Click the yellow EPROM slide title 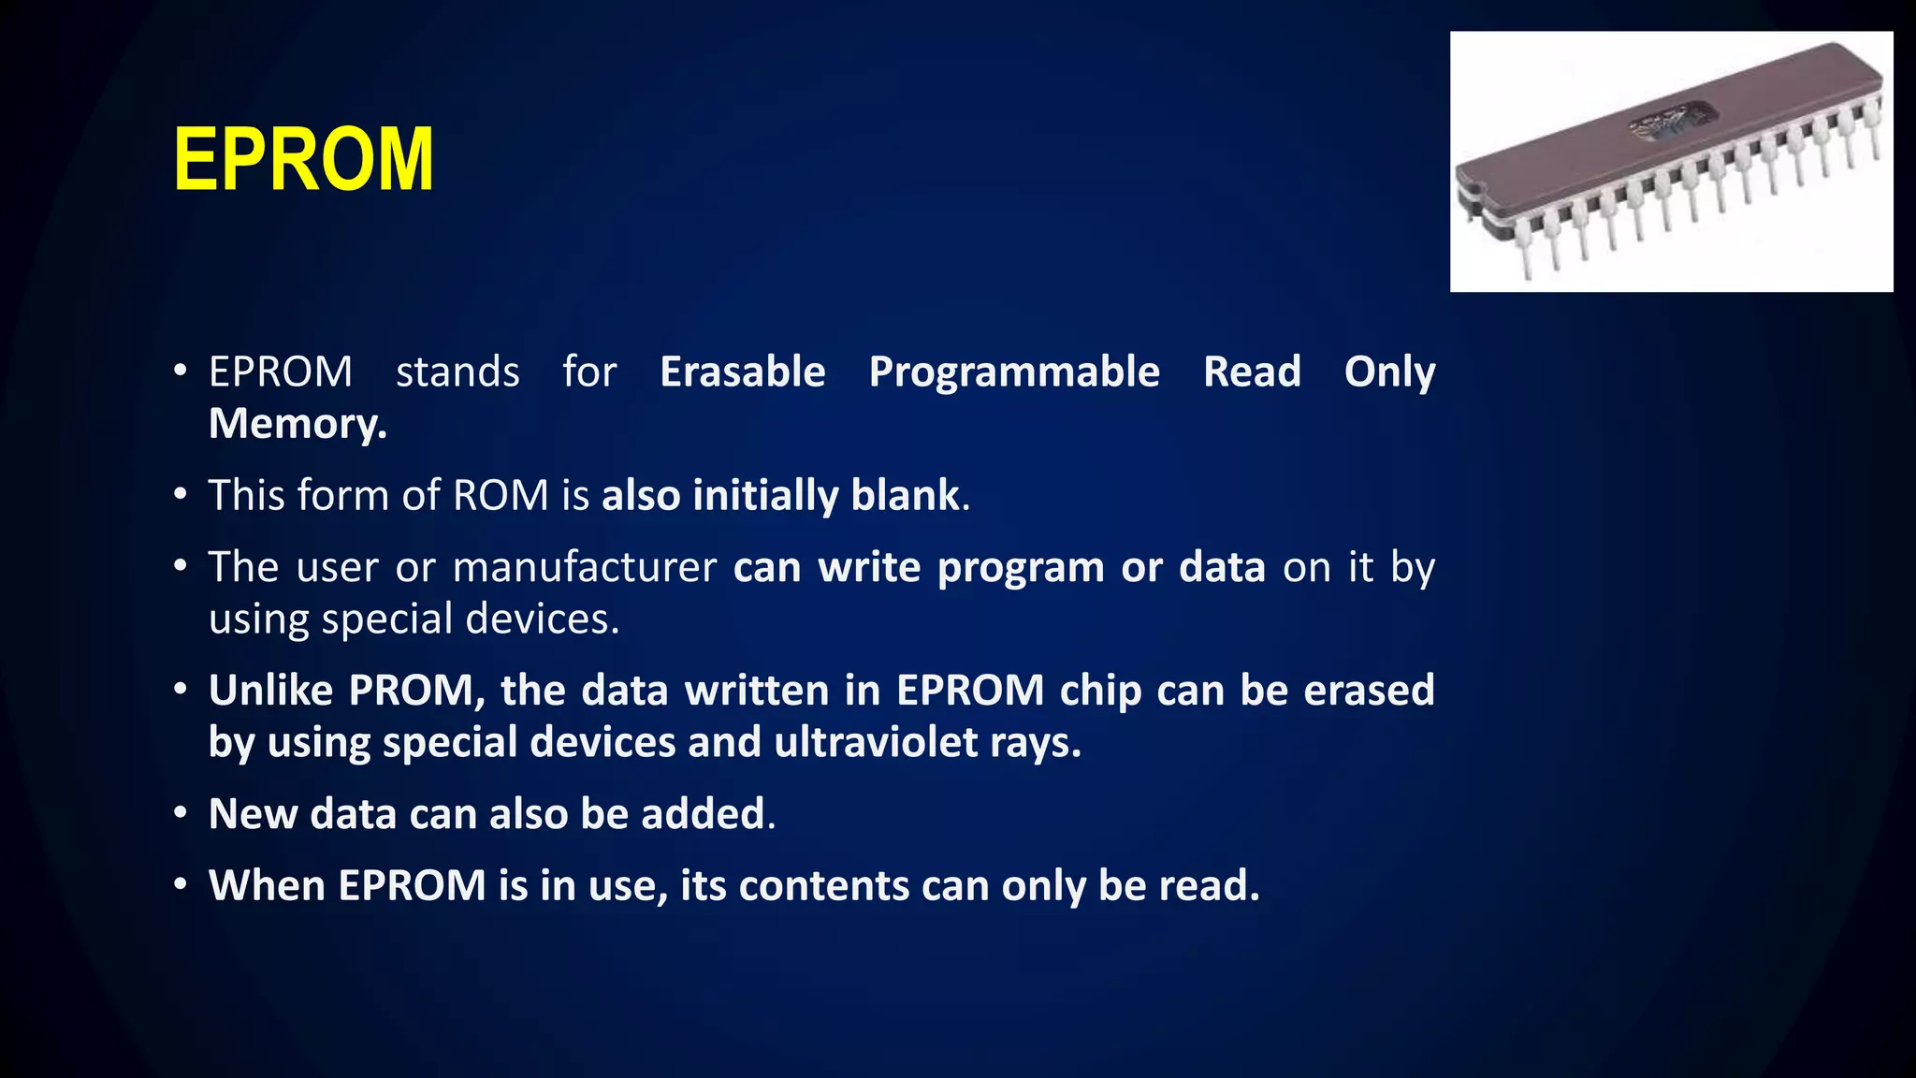point(303,161)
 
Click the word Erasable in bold point(743,372)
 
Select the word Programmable point(1014,372)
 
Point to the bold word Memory point(297,424)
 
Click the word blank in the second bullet point(905,495)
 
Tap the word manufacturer point(585,567)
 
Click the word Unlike point(271,691)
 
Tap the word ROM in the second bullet point(501,495)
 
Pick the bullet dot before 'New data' point(181,813)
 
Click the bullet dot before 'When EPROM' point(181,885)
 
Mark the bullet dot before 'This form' point(181,494)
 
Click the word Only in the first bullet point(1389,372)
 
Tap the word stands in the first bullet point(457,372)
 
